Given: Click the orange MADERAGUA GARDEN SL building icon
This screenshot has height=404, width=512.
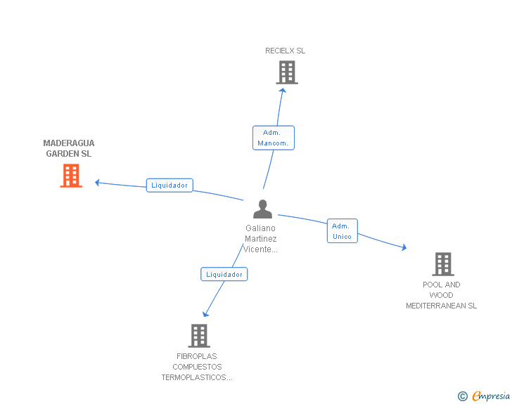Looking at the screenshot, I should click(71, 176).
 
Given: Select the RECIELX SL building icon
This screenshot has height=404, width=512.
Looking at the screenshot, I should click(286, 72).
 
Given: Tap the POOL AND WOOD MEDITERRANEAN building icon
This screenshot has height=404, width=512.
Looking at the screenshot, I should click(442, 264).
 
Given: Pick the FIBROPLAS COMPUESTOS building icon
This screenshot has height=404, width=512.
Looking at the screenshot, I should click(199, 336).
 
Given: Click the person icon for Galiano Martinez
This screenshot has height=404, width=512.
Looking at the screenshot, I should click(262, 209).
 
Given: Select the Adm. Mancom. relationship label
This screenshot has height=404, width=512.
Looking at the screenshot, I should click(274, 138).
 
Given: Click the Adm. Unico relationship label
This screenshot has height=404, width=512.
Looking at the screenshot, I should click(342, 231).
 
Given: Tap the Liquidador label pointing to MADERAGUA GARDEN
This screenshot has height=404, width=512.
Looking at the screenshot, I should click(169, 185).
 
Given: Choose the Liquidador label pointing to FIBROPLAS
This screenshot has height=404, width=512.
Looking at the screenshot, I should click(224, 274).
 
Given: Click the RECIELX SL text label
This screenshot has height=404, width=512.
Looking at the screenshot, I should click(285, 51).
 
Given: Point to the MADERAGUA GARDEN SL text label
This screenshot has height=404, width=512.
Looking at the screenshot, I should click(69, 148).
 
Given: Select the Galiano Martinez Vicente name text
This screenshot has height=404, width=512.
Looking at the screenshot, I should click(260, 239).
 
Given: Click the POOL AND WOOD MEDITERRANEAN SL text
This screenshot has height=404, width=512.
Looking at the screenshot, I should click(441, 295).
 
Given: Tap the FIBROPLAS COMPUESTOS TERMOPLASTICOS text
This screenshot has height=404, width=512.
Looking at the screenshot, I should click(197, 367).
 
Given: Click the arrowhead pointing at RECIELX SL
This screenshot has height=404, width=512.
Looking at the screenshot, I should click(283, 90).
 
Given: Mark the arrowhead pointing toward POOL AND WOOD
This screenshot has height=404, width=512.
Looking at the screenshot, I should click(404, 247).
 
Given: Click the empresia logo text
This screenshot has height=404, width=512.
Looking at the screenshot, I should click(491, 396).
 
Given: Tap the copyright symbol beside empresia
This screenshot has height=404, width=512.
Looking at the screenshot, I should click(462, 396).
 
